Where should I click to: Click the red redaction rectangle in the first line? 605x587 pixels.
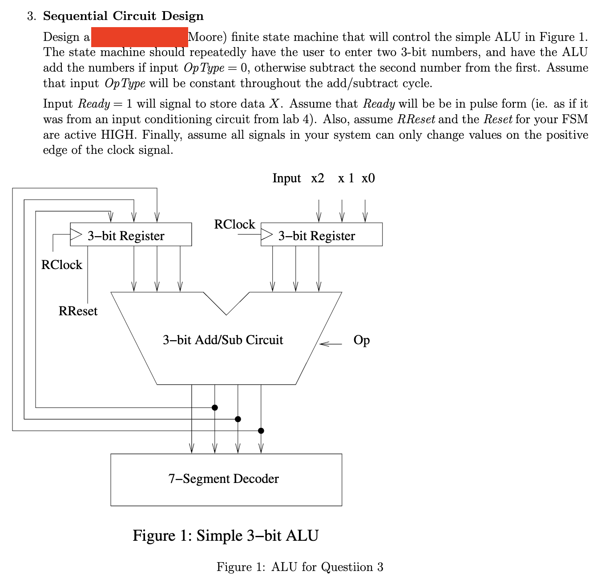pos(139,37)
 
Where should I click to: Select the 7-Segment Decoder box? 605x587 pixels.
pos(226,479)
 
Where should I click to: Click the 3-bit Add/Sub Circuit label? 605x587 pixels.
pos(223,340)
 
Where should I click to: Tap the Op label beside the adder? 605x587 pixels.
pos(361,340)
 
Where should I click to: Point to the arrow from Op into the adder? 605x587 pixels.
pos(330,344)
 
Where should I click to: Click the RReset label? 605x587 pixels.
pos(78,311)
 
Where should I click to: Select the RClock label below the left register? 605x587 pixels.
pos(62,265)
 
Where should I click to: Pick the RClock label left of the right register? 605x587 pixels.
pos(234,225)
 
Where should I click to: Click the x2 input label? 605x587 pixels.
pos(318,178)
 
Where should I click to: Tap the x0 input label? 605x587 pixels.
pos(368,178)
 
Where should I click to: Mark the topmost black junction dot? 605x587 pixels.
pos(215,407)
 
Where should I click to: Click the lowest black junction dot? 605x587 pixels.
pos(261,430)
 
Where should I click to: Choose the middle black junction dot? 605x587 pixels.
pos(238,419)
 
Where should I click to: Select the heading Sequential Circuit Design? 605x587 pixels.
pos(123,16)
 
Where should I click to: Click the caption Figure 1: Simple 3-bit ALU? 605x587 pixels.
pos(226,535)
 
